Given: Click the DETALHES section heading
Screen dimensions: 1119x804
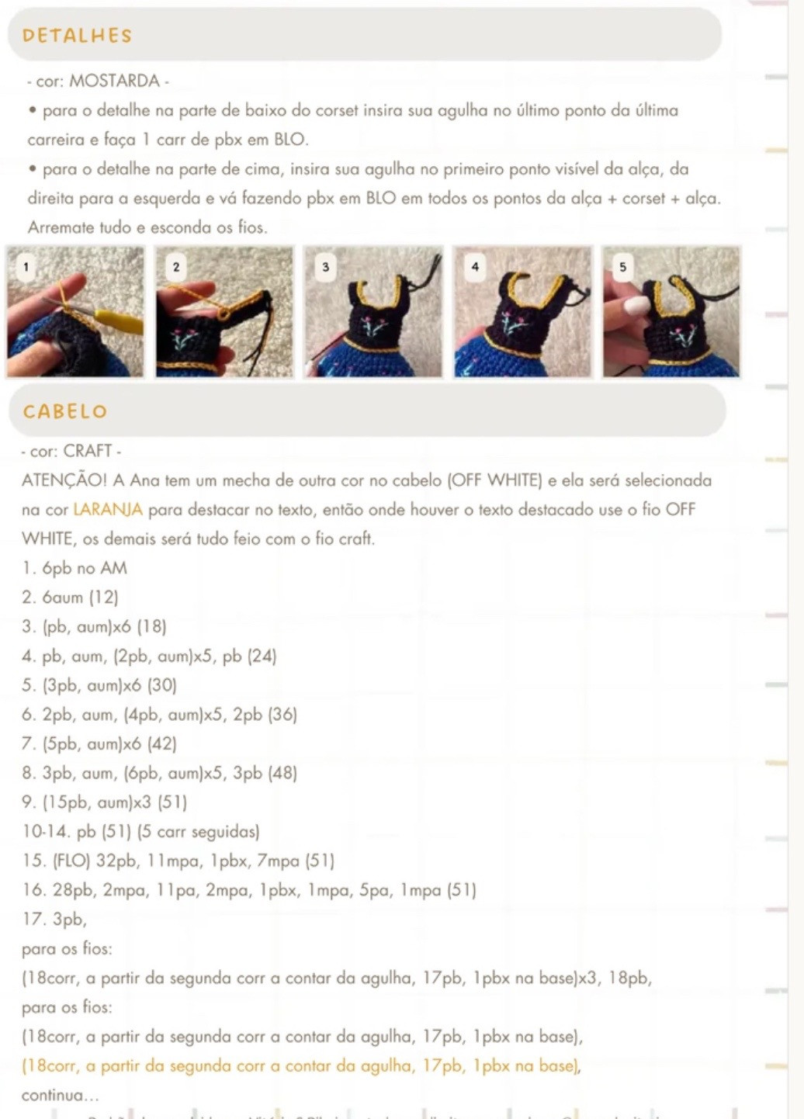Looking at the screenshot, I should [x=77, y=36].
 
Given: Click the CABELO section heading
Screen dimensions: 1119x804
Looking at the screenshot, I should [x=65, y=411].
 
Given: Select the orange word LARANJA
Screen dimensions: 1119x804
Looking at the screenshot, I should [x=108, y=510].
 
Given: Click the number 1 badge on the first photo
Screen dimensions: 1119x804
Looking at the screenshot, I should [x=26, y=267].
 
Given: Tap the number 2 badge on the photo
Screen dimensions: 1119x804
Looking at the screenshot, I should [x=176, y=267].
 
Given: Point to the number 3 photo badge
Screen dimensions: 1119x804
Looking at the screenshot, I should [x=325, y=267].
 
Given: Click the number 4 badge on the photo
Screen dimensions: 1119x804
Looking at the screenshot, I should [x=475, y=267].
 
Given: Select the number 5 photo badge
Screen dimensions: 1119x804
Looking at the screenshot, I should [x=622, y=267].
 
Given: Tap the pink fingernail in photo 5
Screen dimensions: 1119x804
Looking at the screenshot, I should [x=636, y=305].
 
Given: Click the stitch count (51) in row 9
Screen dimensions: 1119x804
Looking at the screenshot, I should [x=172, y=802].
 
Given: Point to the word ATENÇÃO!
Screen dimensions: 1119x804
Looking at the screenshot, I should [x=65, y=480].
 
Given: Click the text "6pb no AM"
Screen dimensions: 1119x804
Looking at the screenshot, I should [x=84, y=568].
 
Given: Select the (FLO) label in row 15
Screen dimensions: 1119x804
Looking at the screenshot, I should [x=71, y=861].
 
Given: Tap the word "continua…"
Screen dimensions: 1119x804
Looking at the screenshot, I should [x=60, y=1096].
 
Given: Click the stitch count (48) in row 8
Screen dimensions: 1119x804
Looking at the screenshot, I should [x=282, y=773].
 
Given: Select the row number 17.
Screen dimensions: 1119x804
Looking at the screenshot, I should [x=33, y=920].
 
